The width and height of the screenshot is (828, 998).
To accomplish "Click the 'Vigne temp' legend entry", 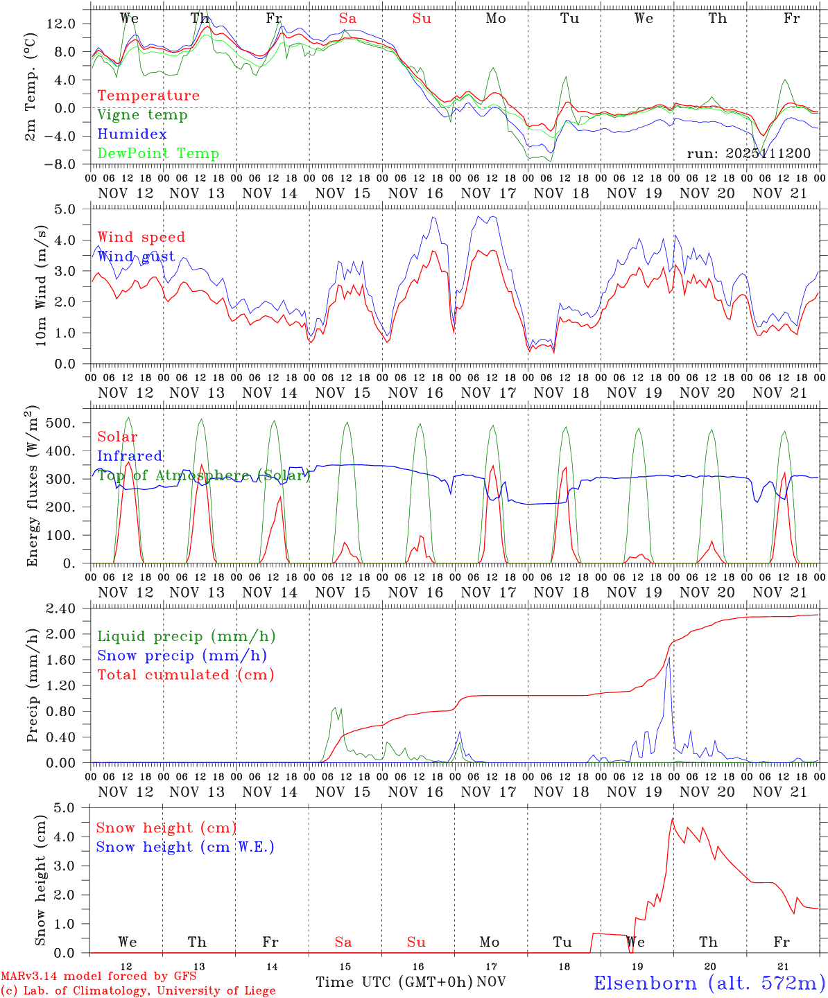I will [142, 115].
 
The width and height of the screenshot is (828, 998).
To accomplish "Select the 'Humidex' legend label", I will [132, 134].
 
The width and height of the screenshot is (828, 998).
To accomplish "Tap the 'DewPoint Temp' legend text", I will [158, 154].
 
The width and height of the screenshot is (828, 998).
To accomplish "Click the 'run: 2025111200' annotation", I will [748, 154].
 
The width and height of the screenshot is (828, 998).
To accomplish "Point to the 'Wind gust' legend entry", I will [136, 257].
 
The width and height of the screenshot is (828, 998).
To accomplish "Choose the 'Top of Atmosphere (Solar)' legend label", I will [204, 476].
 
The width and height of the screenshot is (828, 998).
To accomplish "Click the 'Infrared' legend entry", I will [130, 456].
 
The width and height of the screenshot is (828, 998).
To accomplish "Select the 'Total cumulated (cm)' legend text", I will [185, 675].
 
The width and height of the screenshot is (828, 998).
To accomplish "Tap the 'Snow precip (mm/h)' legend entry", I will [182, 656].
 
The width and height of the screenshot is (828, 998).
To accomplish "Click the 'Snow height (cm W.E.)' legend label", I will [185, 847].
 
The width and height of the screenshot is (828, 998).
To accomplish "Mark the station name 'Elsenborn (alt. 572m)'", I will [709, 982].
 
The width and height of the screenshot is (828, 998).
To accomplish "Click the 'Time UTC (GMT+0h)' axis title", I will [394, 982].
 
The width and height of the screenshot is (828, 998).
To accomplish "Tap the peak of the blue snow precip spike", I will [669, 658].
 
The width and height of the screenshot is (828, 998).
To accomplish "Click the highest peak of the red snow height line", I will [672, 818].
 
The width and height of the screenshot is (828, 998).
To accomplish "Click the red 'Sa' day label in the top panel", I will [347, 19].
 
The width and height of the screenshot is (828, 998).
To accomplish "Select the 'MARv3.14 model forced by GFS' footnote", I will [98, 977].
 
